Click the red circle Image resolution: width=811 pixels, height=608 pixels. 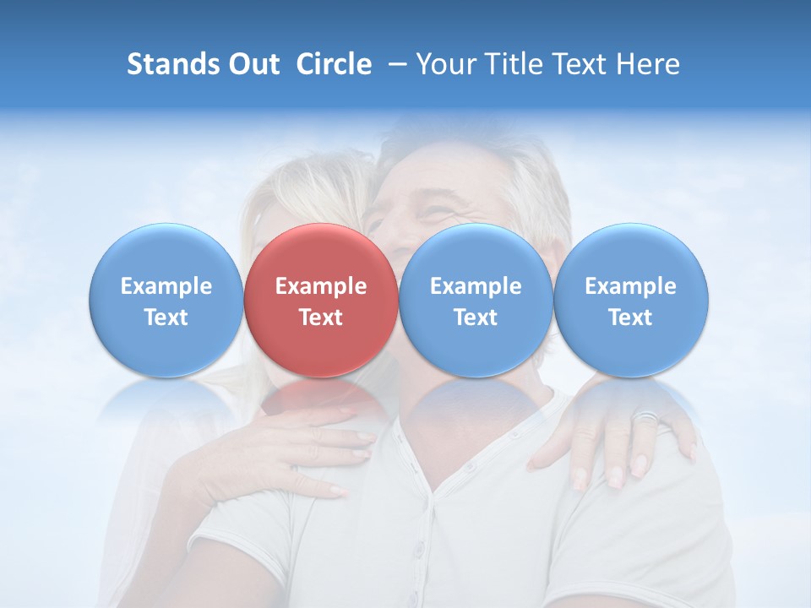click(x=321, y=300)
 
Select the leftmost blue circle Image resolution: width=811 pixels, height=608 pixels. click(x=166, y=300)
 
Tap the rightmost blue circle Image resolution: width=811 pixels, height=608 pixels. click(x=631, y=300)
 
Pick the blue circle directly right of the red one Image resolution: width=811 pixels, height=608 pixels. click(x=476, y=300)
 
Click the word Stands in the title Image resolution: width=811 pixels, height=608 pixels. click(x=173, y=64)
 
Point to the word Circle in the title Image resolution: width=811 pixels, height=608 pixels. click(x=334, y=64)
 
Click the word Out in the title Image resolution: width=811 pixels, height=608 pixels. click(x=253, y=64)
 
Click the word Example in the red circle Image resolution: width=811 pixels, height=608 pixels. click(x=321, y=286)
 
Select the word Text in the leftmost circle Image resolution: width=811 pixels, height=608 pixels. click(x=166, y=318)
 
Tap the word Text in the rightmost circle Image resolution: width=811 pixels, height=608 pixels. click(x=631, y=318)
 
